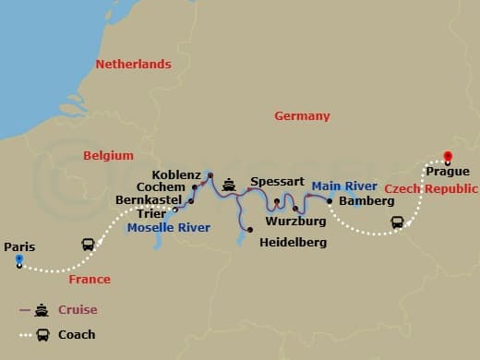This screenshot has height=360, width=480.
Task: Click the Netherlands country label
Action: [134, 65]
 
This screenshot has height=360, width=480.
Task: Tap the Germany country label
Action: [302, 116]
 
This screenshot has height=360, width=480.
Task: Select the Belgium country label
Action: [109, 156]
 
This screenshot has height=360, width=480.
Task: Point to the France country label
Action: [90, 279]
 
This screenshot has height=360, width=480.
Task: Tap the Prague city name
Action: [448, 172]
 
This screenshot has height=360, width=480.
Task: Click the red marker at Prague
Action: [448, 156]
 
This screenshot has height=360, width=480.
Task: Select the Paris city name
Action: [19, 246]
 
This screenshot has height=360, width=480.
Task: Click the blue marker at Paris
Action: [18, 260]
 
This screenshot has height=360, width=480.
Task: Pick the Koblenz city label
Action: [177, 174]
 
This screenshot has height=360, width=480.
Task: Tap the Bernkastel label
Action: [149, 199]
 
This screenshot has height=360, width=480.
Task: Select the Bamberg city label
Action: [360, 200]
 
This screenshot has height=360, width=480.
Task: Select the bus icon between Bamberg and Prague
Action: [398, 222]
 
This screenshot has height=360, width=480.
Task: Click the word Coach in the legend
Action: [78, 335]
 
